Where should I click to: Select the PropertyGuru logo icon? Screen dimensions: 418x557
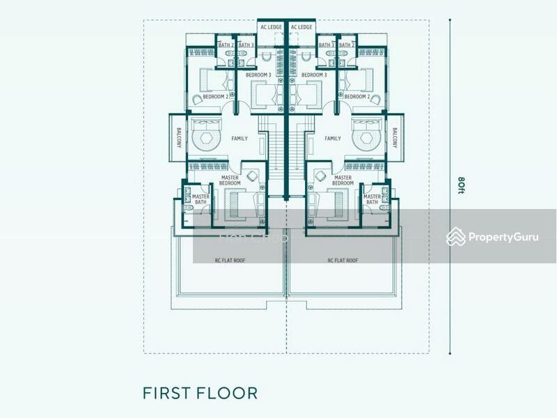coord(455,237)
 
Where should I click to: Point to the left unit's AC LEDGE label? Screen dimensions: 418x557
coord(271,27)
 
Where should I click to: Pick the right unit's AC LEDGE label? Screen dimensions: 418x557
coord(301,27)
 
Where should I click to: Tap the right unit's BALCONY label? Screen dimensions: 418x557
coord(393,137)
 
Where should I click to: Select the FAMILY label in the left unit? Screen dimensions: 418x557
coord(240,139)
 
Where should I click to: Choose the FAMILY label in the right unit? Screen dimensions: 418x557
coord(333,139)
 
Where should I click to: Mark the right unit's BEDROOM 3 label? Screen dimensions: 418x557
coord(314,75)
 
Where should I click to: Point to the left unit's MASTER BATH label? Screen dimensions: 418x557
coord(201,200)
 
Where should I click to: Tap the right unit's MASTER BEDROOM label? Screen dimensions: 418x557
coord(343,180)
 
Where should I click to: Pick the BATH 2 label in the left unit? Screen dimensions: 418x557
coord(226,45)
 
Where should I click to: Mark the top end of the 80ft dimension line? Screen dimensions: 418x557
coord(450,20)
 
